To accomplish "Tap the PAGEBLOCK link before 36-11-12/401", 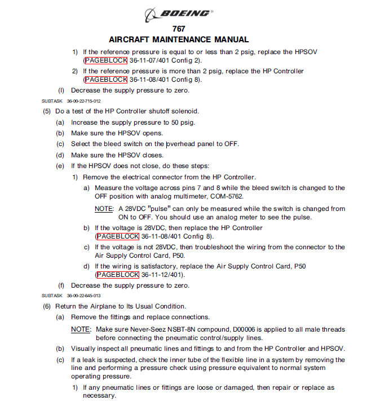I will coord(117,275).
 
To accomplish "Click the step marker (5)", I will coord(47,111).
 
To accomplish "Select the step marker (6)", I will coord(47,306).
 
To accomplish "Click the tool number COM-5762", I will coord(227,196).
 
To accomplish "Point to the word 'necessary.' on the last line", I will coord(99,396).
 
